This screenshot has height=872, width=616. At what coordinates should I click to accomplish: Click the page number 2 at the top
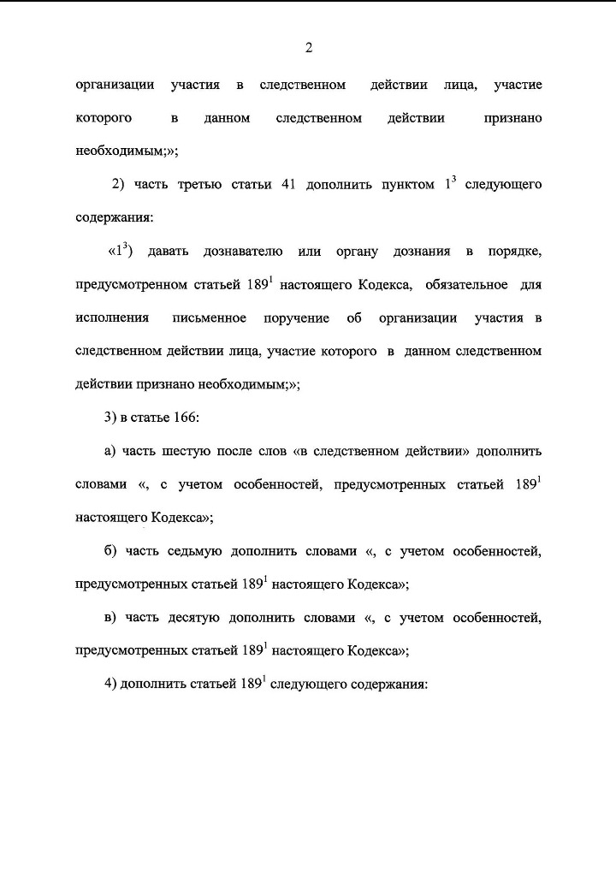(x=308, y=48)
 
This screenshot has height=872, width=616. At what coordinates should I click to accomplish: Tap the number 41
(x=287, y=186)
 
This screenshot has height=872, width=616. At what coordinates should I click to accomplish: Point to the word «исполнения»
(x=112, y=318)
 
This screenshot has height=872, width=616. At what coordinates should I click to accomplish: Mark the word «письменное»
(x=209, y=318)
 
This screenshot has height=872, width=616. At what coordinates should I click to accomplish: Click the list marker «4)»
(x=110, y=685)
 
